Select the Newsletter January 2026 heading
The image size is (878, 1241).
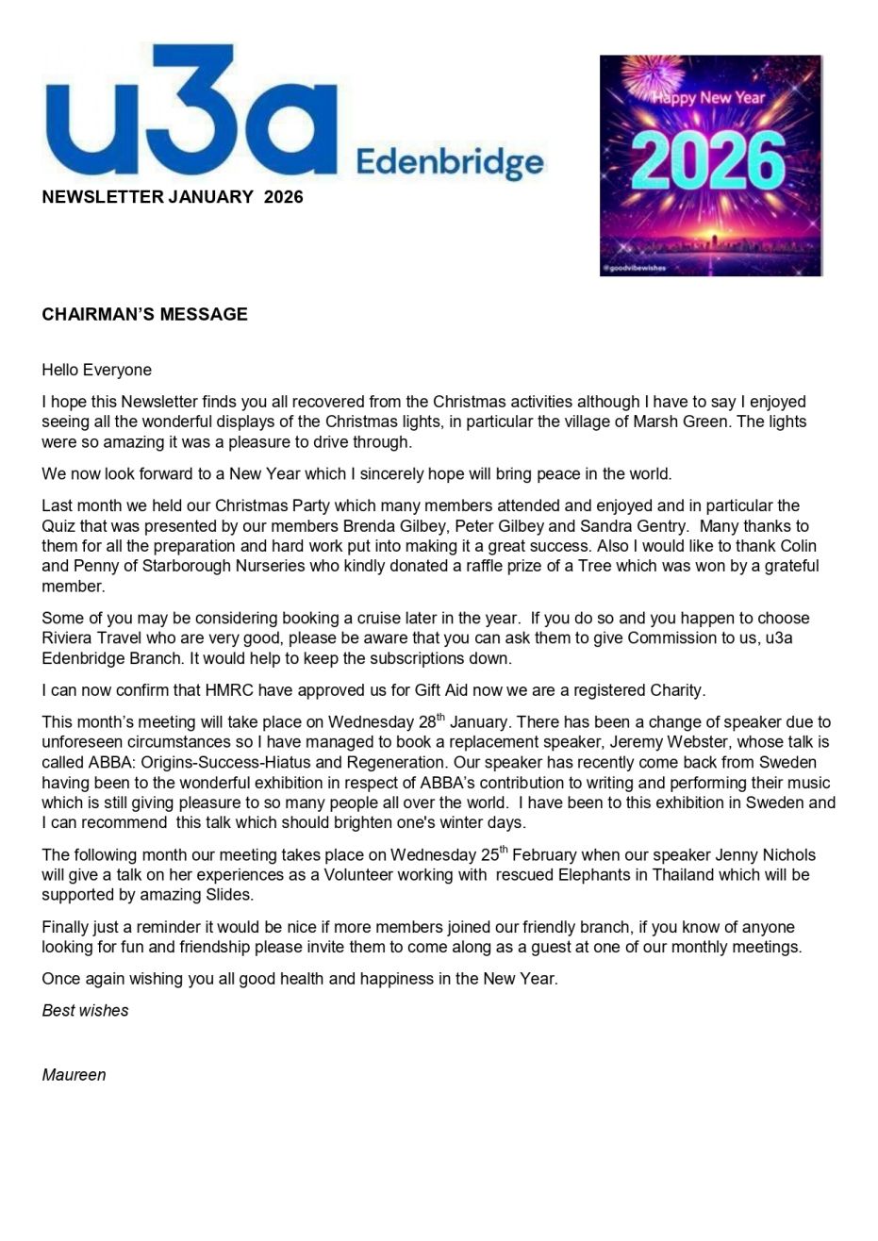173,197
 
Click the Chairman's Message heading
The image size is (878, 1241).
144,314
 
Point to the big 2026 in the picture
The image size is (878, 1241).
710,161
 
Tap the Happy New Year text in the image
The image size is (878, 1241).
712,98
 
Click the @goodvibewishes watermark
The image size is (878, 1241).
635,269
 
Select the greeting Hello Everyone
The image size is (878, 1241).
96,370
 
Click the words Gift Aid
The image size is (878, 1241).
445,690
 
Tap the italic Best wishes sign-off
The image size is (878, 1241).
85,1010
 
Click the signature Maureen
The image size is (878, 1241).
74,1074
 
